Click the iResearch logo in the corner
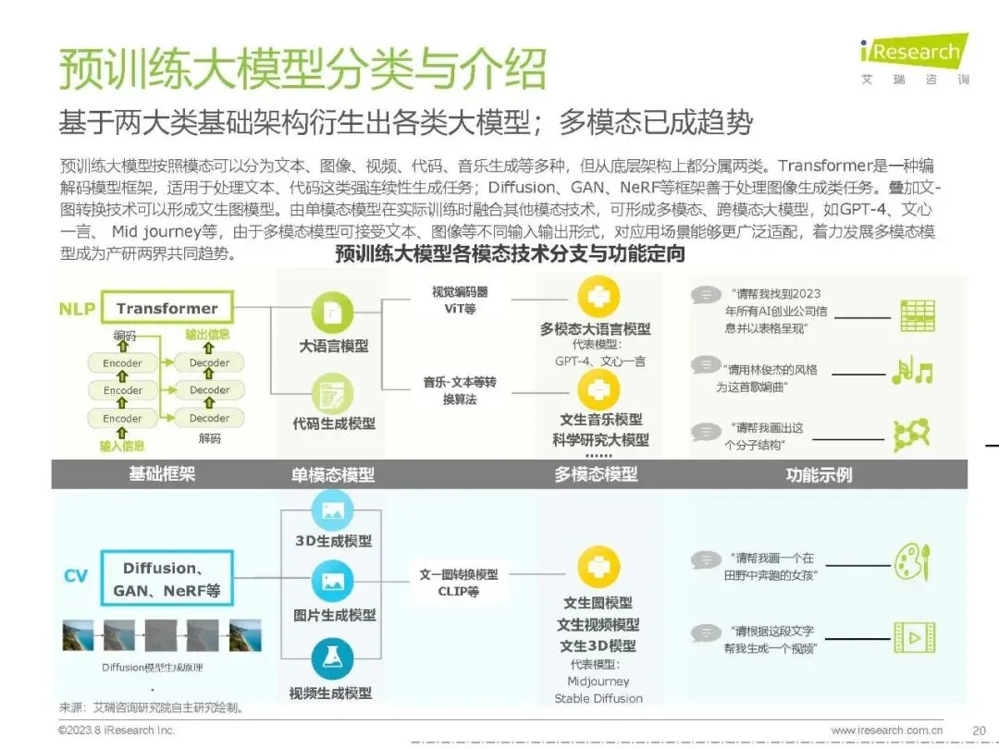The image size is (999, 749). click(x=913, y=54)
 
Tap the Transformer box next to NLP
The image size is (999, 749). click(x=167, y=308)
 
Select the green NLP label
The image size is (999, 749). click(x=78, y=309)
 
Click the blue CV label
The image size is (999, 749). click(x=76, y=576)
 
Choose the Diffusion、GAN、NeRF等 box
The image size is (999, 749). click(x=166, y=579)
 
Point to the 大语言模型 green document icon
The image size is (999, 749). click(x=333, y=313)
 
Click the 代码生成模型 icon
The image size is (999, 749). click(x=333, y=393)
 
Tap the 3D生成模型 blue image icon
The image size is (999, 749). click(x=333, y=510)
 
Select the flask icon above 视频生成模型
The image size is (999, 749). click(x=333, y=658)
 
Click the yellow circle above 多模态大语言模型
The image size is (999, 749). click(x=598, y=297)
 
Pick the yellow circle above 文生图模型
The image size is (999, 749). click(x=598, y=567)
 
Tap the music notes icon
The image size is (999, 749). click(x=912, y=371)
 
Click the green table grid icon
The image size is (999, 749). click(x=917, y=315)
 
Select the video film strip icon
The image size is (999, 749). click(x=913, y=637)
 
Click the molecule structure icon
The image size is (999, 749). click(x=911, y=435)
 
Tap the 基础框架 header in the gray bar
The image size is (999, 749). click(x=162, y=474)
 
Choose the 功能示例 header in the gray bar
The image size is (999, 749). click(x=819, y=475)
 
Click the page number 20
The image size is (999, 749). click(x=979, y=730)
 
